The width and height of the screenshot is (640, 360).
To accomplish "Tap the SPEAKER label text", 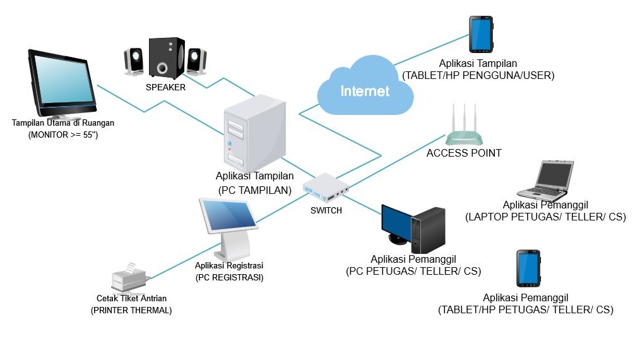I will tap(165, 88).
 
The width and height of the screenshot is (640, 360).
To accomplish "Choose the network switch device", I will tap(326, 188).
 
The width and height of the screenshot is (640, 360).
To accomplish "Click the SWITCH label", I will tap(326, 210).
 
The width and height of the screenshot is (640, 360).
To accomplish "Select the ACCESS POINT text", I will tap(464, 153).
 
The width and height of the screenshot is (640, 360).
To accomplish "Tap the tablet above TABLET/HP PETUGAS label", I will tap(528, 269).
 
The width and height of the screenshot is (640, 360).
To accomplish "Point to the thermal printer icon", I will tap(129, 279).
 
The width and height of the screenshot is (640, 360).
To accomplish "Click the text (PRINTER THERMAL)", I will tap(131, 310).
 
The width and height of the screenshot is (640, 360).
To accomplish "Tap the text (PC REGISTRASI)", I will tap(229, 277).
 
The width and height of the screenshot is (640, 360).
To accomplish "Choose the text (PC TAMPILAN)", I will tap(254, 189).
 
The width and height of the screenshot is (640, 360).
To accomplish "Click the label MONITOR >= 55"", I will tap(63, 135).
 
